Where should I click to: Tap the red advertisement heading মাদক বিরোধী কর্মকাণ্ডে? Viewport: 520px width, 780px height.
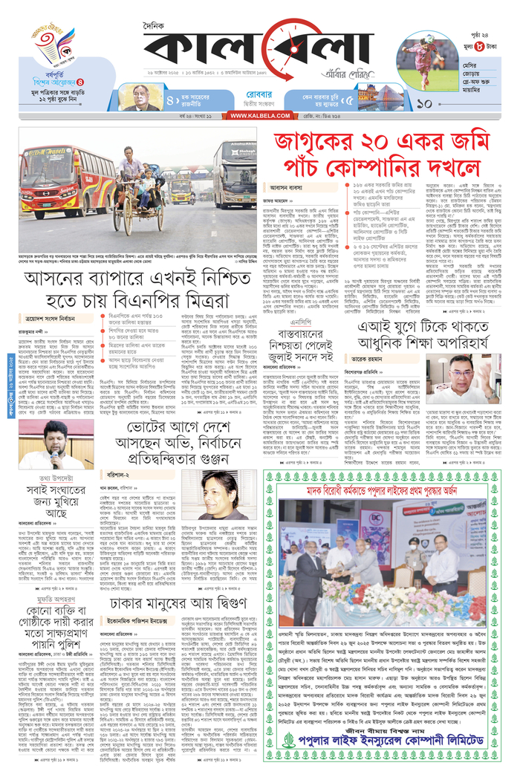386,491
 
